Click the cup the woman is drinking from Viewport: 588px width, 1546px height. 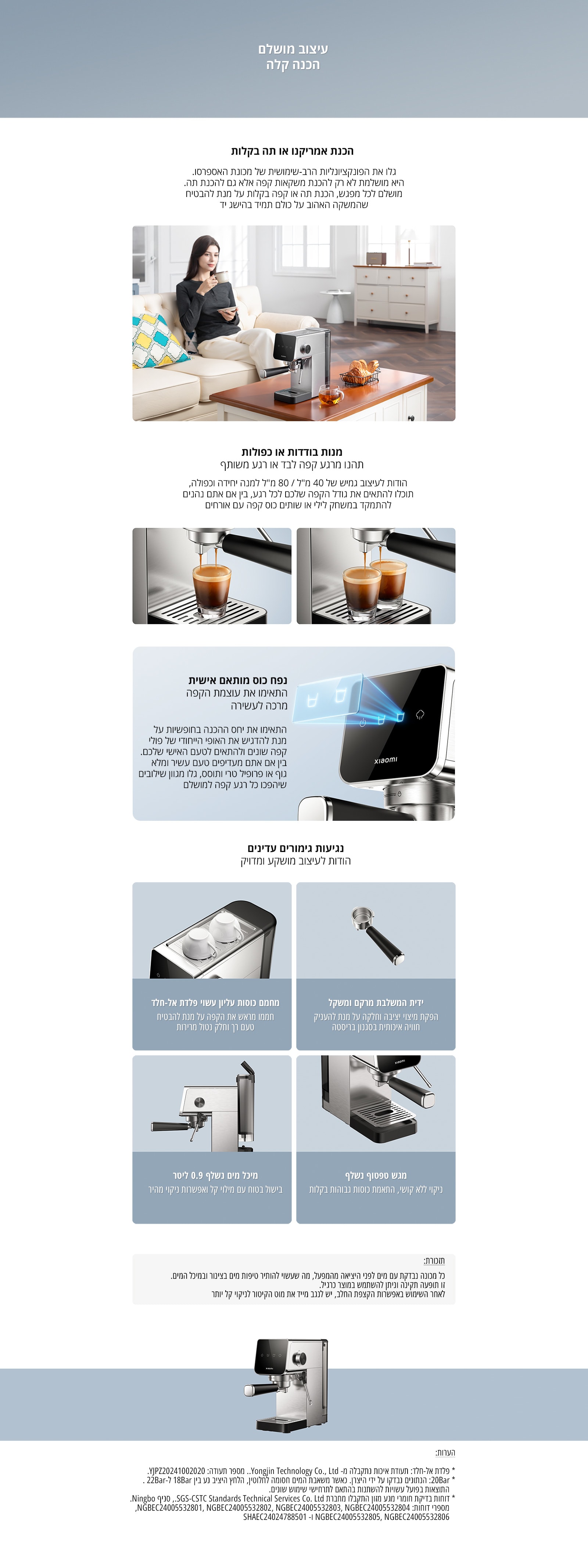coord(221,275)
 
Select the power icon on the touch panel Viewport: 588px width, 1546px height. coord(362,723)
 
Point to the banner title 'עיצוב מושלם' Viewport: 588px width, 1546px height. coord(293,49)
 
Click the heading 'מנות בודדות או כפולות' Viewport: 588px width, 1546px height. coord(292,451)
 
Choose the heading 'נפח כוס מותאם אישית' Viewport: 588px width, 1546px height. coord(238,680)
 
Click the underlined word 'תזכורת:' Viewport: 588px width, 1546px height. coord(434,1260)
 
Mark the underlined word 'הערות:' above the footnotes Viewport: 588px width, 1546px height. coord(445,1452)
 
